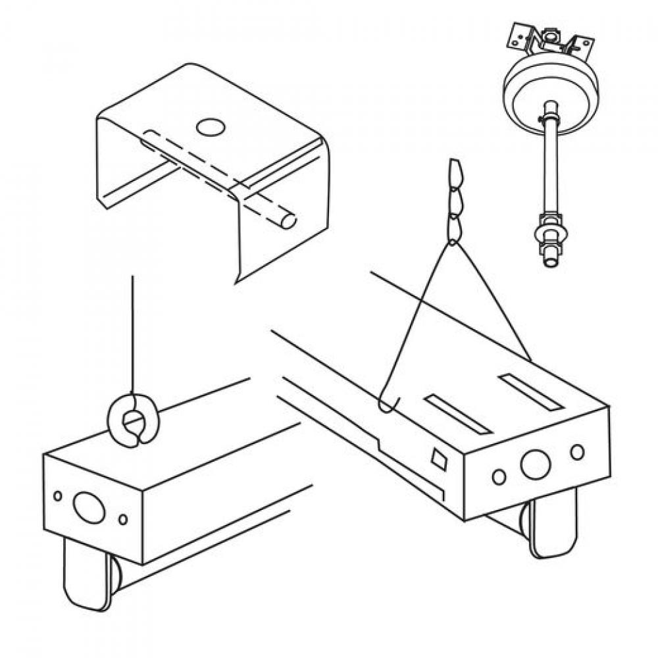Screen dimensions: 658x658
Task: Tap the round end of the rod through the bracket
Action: pyautogui.click(x=288, y=221)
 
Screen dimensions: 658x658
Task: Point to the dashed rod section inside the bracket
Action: pyautogui.click(x=197, y=164)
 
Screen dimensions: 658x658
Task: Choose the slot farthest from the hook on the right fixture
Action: pyautogui.click(x=530, y=392)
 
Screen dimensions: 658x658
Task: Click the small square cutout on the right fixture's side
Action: pyautogui.click(x=439, y=458)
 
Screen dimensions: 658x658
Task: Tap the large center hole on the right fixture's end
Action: pyautogui.click(x=535, y=465)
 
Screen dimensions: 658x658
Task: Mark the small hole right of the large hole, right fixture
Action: pyautogui.click(x=577, y=452)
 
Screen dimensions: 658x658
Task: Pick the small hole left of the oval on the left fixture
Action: pyautogui.click(x=58, y=495)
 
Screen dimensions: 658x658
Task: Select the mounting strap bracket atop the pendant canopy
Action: pyautogui.click(x=551, y=43)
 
